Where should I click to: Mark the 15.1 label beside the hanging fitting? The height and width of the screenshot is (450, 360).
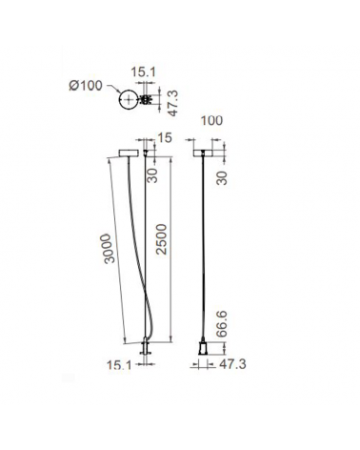click(x=118, y=364)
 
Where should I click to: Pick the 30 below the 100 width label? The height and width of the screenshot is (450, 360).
click(x=221, y=177)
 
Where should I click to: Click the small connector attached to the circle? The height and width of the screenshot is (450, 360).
click(x=146, y=98)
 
